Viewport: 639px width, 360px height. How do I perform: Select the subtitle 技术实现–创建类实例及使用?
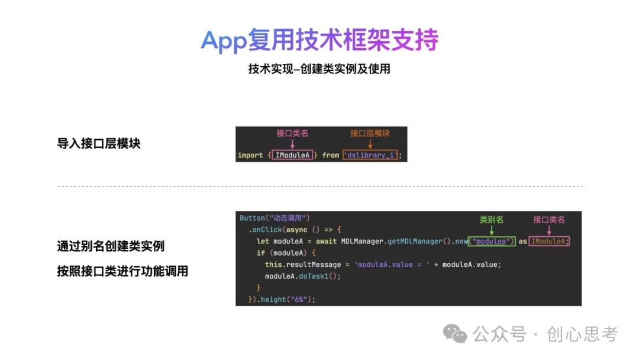[319, 69]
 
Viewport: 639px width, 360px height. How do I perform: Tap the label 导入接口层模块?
[99, 143]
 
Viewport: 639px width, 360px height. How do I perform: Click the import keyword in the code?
[250, 155]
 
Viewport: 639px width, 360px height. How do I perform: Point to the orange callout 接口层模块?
[370, 133]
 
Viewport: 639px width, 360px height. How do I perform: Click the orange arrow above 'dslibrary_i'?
[370, 144]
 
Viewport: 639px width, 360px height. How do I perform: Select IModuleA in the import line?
[293, 155]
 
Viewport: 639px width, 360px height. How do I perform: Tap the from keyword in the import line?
[331, 155]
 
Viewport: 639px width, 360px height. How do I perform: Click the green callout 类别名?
[491, 220]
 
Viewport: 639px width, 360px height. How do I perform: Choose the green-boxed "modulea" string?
[492, 242]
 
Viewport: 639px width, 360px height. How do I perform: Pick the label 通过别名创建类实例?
[111, 246]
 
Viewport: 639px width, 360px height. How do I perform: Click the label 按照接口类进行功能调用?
[122, 271]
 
